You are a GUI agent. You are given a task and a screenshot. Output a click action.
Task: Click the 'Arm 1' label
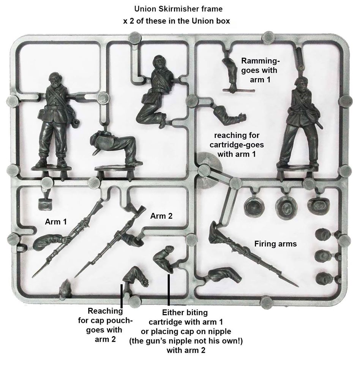(x=56, y=222)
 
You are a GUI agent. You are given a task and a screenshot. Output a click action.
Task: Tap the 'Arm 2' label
(x=161, y=216)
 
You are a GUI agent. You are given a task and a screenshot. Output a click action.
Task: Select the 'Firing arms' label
(x=276, y=244)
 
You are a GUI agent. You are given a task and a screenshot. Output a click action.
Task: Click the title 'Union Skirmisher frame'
(x=178, y=9)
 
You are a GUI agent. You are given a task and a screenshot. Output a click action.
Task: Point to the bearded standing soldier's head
(x=55, y=80)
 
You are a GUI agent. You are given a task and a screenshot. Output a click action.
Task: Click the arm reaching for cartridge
(x=229, y=114)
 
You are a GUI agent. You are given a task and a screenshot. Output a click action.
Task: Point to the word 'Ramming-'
(x=260, y=61)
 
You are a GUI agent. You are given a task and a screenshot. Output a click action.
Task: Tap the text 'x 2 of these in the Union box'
(x=177, y=21)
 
